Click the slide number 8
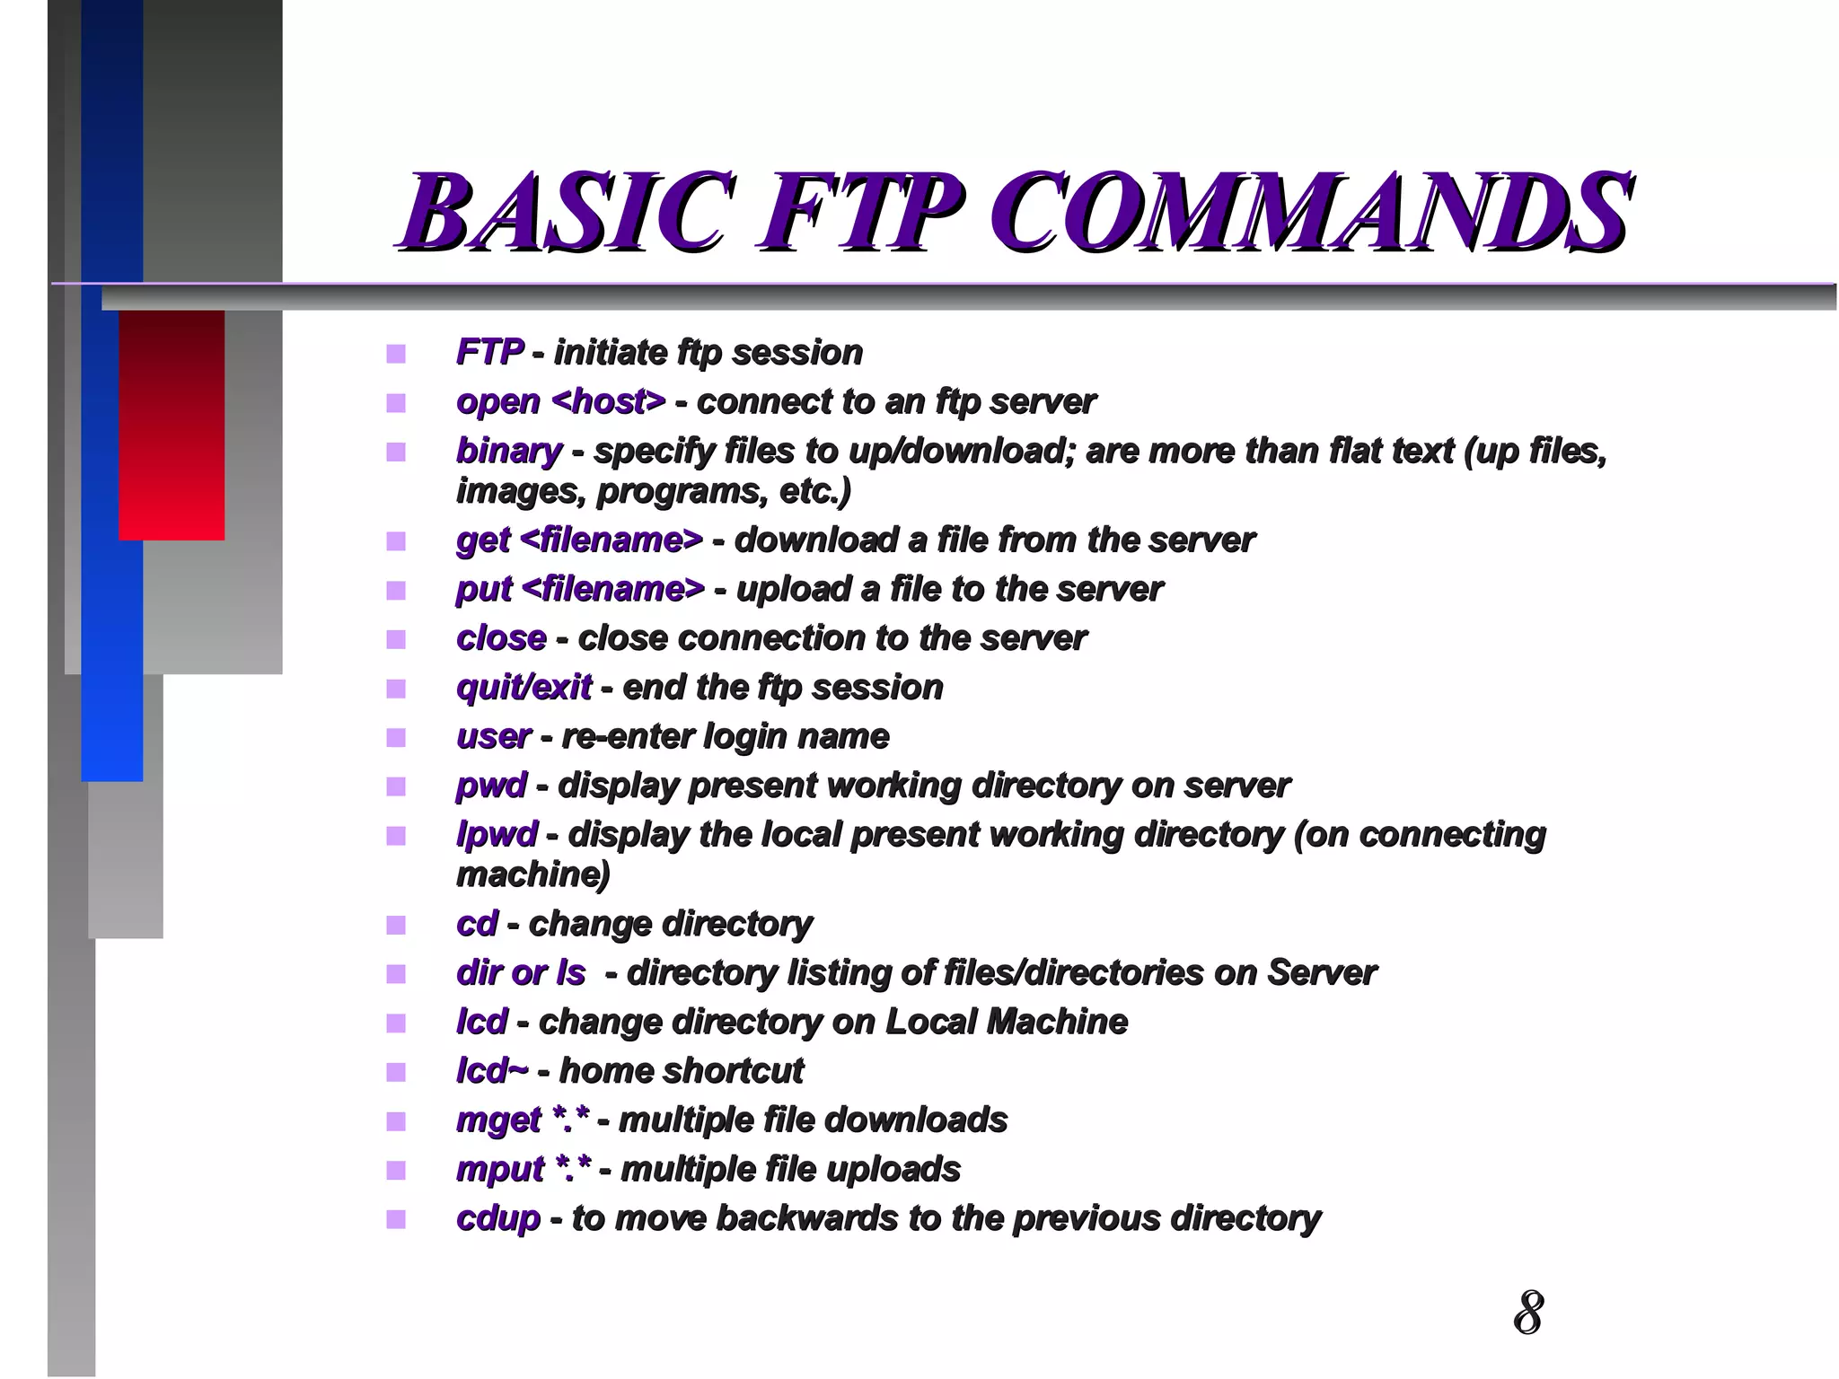pyautogui.click(x=1527, y=1313)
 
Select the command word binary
pyautogui.click(x=508, y=451)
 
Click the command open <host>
pyautogui.click(x=560, y=401)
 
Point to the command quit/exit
pyautogui.click(x=524, y=688)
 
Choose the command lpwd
pyautogui.click(x=496, y=835)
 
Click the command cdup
pyautogui.click(x=497, y=1218)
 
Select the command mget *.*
pyautogui.click(x=523, y=1120)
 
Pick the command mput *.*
pyautogui.click(x=524, y=1170)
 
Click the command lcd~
pyautogui.click(x=491, y=1071)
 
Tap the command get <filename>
pyautogui.click(x=579, y=540)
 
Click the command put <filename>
pyautogui.click(x=580, y=590)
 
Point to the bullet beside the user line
pyautogui.click(x=396, y=738)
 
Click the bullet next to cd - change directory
pyautogui.click(x=396, y=925)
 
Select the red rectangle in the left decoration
pyautogui.click(x=172, y=425)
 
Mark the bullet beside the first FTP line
pyautogui.click(x=396, y=354)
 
